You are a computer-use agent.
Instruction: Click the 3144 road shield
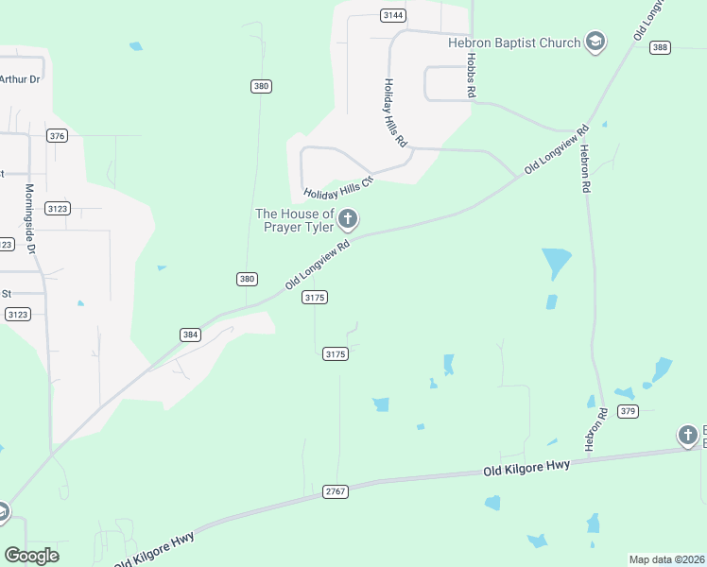(x=393, y=15)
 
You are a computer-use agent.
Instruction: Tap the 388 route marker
(x=660, y=48)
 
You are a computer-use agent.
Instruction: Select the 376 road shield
(x=58, y=136)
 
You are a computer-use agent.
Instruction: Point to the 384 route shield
(x=190, y=335)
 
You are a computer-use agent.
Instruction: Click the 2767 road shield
(x=336, y=491)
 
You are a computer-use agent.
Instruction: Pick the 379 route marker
(x=629, y=410)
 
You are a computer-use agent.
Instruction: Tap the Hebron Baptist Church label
(x=514, y=42)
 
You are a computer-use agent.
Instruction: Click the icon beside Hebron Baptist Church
(x=595, y=42)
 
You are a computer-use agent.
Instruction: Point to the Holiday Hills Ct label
(x=338, y=187)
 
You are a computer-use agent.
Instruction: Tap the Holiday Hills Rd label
(x=394, y=112)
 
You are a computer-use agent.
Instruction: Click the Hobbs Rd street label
(x=470, y=76)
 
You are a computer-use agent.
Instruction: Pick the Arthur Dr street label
(x=21, y=79)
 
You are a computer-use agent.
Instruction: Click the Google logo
(x=31, y=556)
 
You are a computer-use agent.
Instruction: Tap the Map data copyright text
(x=666, y=559)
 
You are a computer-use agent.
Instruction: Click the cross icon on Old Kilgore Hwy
(x=687, y=436)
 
